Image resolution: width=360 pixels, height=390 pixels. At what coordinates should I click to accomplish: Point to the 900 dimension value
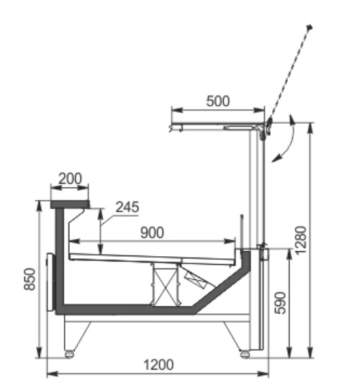point(153,232)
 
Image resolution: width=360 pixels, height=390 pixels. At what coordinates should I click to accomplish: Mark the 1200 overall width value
point(158,365)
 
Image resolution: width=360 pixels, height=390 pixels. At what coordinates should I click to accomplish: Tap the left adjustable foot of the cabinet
point(69,353)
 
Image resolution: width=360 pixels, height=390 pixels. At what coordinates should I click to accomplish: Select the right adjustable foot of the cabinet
point(244,353)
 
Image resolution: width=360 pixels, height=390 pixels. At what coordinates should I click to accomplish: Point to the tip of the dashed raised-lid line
point(310,28)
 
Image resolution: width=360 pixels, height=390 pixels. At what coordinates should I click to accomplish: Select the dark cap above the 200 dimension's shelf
point(71,204)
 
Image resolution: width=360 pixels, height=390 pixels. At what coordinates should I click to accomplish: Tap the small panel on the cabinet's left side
point(49,281)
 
